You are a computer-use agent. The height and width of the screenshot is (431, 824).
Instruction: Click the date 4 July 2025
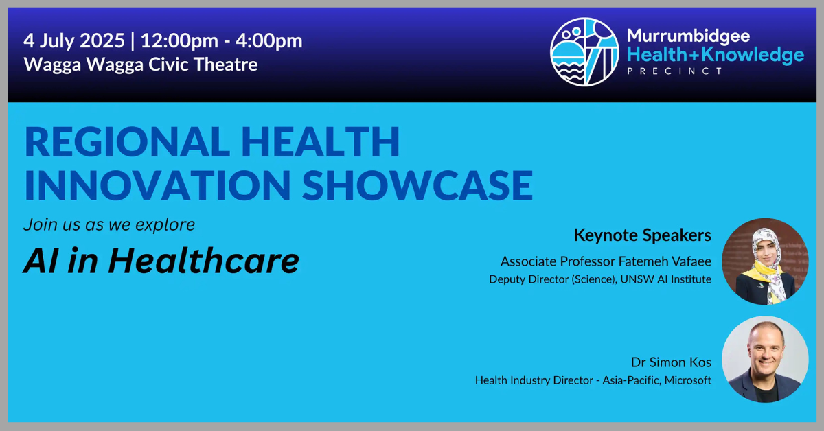pos(74,41)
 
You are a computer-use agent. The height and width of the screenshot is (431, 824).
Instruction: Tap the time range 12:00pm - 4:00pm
pos(221,41)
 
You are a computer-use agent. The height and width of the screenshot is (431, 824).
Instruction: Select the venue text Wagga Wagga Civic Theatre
pos(141,65)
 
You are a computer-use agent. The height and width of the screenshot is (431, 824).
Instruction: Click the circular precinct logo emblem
pos(584,52)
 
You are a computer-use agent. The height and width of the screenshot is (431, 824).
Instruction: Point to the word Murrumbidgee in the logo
pos(688,36)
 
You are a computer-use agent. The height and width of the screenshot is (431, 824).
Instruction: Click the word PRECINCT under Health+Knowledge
pos(675,71)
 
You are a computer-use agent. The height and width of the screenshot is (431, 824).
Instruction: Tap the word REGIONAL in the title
pos(127,142)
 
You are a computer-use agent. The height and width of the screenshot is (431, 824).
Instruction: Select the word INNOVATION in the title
pos(158,185)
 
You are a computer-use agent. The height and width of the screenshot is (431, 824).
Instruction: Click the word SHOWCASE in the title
pos(417,185)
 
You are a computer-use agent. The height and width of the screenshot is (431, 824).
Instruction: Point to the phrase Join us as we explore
pos(109,224)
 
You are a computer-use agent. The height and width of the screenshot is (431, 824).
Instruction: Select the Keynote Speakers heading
pos(643,235)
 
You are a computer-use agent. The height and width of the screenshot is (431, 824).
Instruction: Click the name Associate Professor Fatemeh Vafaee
pos(606,261)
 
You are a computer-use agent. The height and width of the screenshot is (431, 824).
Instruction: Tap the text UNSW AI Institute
pos(666,279)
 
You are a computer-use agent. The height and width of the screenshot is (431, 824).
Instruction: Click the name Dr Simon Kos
pos(672,362)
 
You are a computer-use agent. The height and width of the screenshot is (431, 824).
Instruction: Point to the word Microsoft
pos(688,380)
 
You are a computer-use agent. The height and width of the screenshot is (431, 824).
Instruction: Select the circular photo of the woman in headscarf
pos(765,261)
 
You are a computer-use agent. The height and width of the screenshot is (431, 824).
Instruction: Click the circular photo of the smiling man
pos(765,360)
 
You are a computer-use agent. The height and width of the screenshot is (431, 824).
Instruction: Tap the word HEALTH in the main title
pos(321,142)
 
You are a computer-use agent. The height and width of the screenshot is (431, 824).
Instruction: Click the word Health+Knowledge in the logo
pos(716,55)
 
